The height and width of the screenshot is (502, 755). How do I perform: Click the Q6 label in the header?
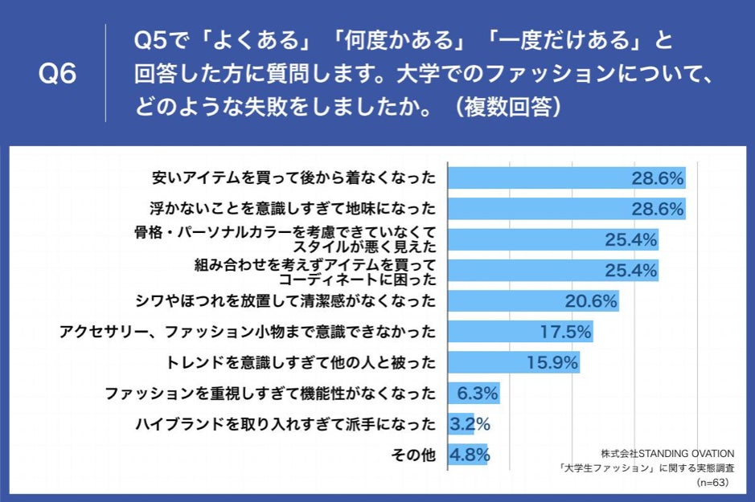click(57, 75)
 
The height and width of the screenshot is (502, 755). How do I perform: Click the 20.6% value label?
click(590, 301)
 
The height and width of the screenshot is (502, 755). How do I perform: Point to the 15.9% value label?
click(552, 362)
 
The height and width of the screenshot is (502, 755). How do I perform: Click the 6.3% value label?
click(477, 394)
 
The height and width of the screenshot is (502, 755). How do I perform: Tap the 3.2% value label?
click(470, 424)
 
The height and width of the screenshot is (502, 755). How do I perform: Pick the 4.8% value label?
click(470, 455)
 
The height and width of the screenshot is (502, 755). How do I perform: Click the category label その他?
click(412, 455)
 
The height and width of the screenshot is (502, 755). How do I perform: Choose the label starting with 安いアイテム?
click(293, 178)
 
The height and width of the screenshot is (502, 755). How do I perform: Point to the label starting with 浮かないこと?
click(293, 208)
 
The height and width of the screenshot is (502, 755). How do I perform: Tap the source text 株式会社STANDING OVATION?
click(667, 452)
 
